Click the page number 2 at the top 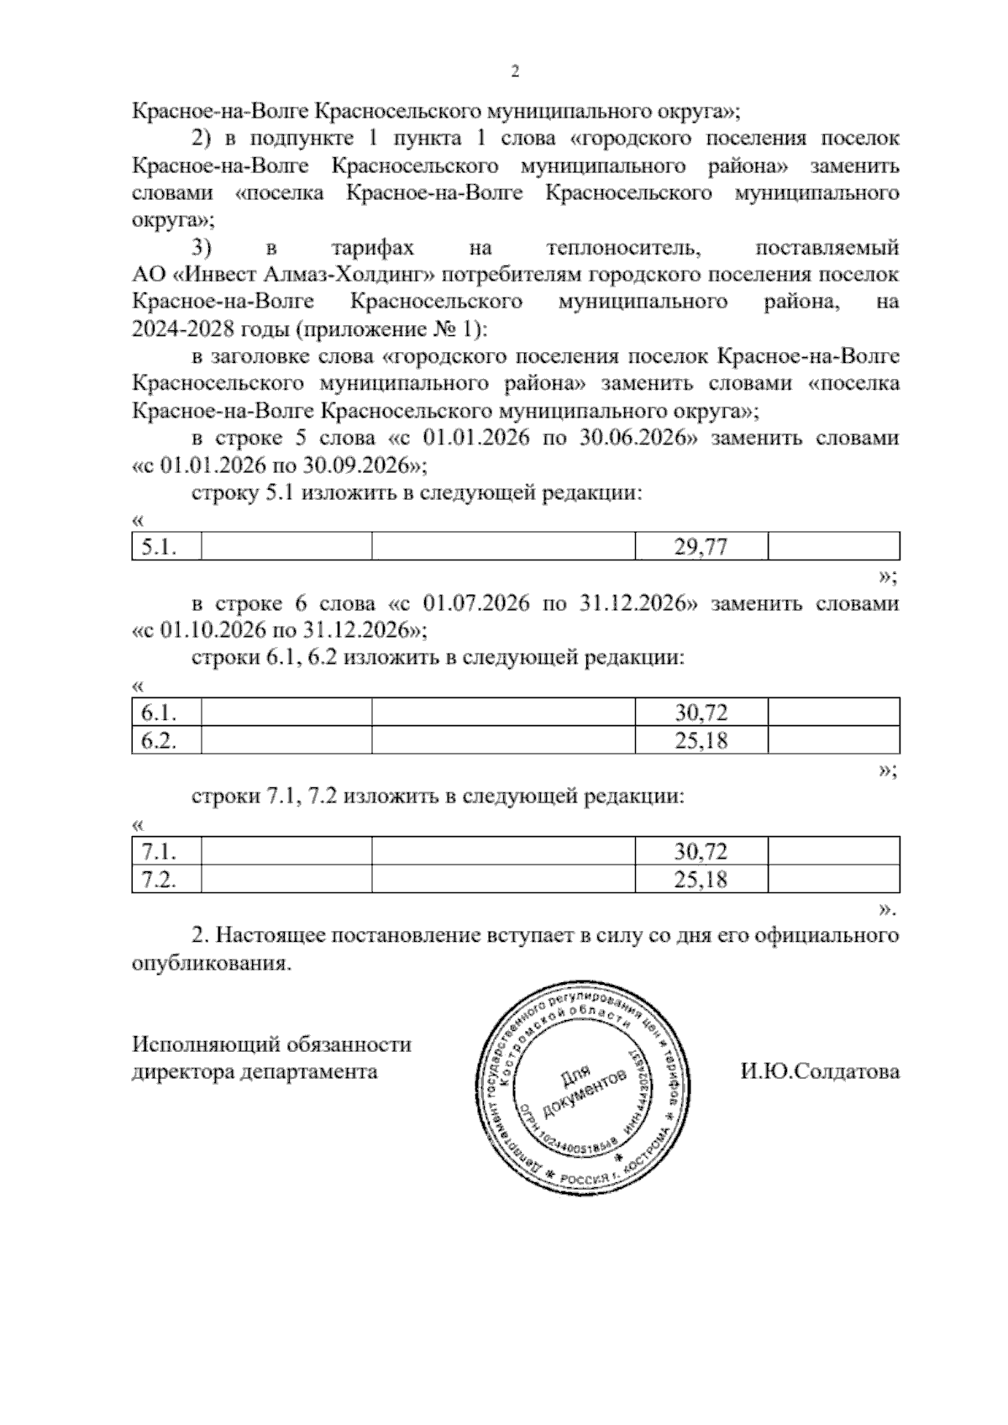(x=515, y=72)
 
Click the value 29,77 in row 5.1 (x=701, y=548)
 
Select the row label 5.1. (x=158, y=548)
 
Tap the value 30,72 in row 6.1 (x=701, y=713)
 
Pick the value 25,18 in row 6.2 (x=701, y=741)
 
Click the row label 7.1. (x=158, y=852)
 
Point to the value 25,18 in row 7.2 (x=701, y=880)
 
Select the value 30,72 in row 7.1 (x=701, y=852)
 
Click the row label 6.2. (x=158, y=741)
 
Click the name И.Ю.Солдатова (x=819, y=1071)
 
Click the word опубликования (x=211, y=963)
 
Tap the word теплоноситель (x=622, y=248)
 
